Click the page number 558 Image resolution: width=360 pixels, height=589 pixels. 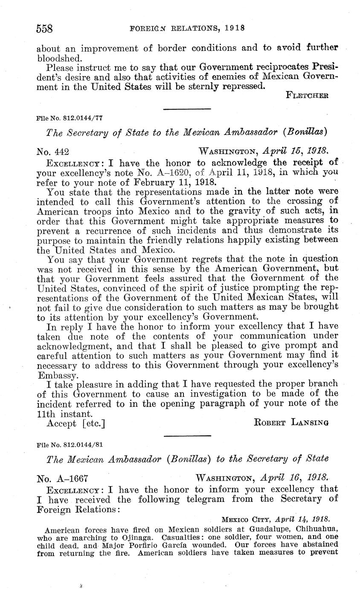click(44, 28)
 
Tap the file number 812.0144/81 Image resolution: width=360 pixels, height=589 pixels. click(79, 444)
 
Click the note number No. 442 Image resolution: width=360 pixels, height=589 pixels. click(53, 151)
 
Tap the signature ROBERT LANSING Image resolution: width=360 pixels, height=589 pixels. click(291, 423)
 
